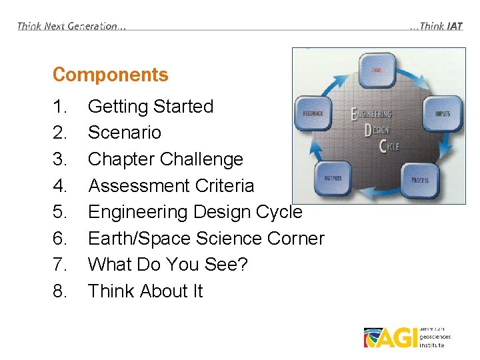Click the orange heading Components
pos(110,75)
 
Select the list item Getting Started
pos(150,107)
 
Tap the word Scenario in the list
pos(124,133)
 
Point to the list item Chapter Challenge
pos(165,159)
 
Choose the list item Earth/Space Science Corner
pos(205,238)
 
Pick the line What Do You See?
pos(167,265)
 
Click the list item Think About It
pos(145,291)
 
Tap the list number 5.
pos(59,212)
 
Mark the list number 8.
pos(59,291)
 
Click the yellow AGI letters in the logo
pos(396,338)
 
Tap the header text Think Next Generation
pos(71,26)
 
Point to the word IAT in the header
pos(455,26)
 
